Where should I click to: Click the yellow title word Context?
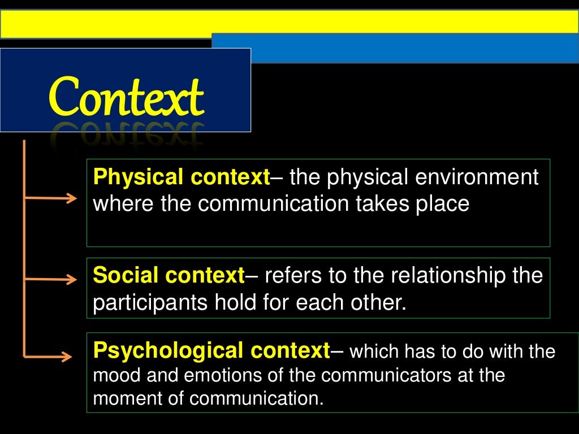(126, 97)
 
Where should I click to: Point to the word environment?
(476, 177)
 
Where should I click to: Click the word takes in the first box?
(384, 203)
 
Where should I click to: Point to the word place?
(443, 203)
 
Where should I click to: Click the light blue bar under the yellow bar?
(396, 47)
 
